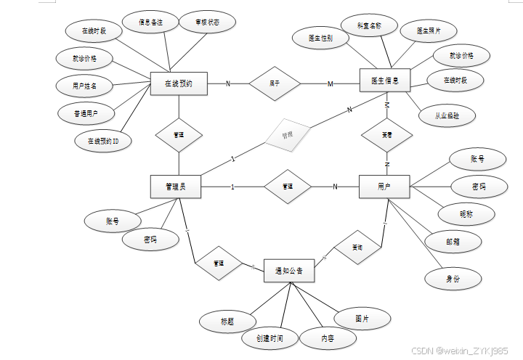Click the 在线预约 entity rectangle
(179, 83)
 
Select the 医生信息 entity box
(385, 80)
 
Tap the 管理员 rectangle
(175, 187)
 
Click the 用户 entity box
(384, 187)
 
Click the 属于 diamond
(275, 83)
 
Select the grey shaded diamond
(287, 134)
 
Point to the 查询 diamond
(357, 247)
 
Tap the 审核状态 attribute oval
(207, 22)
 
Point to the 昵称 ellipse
(466, 213)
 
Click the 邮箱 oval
(453, 240)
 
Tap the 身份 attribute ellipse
(453, 277)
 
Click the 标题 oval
(227, 321)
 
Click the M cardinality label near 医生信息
(330, 84)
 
